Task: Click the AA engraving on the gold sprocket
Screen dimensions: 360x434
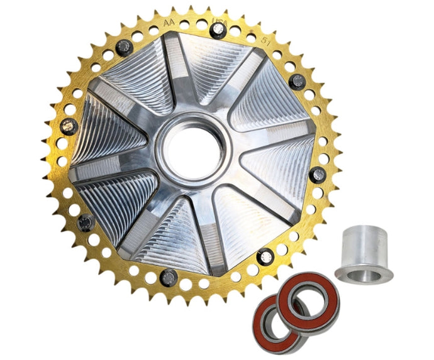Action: pos(168,23)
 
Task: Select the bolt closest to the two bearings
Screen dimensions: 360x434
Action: pos(266,255)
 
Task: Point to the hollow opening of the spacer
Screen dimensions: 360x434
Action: pos(364,273)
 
